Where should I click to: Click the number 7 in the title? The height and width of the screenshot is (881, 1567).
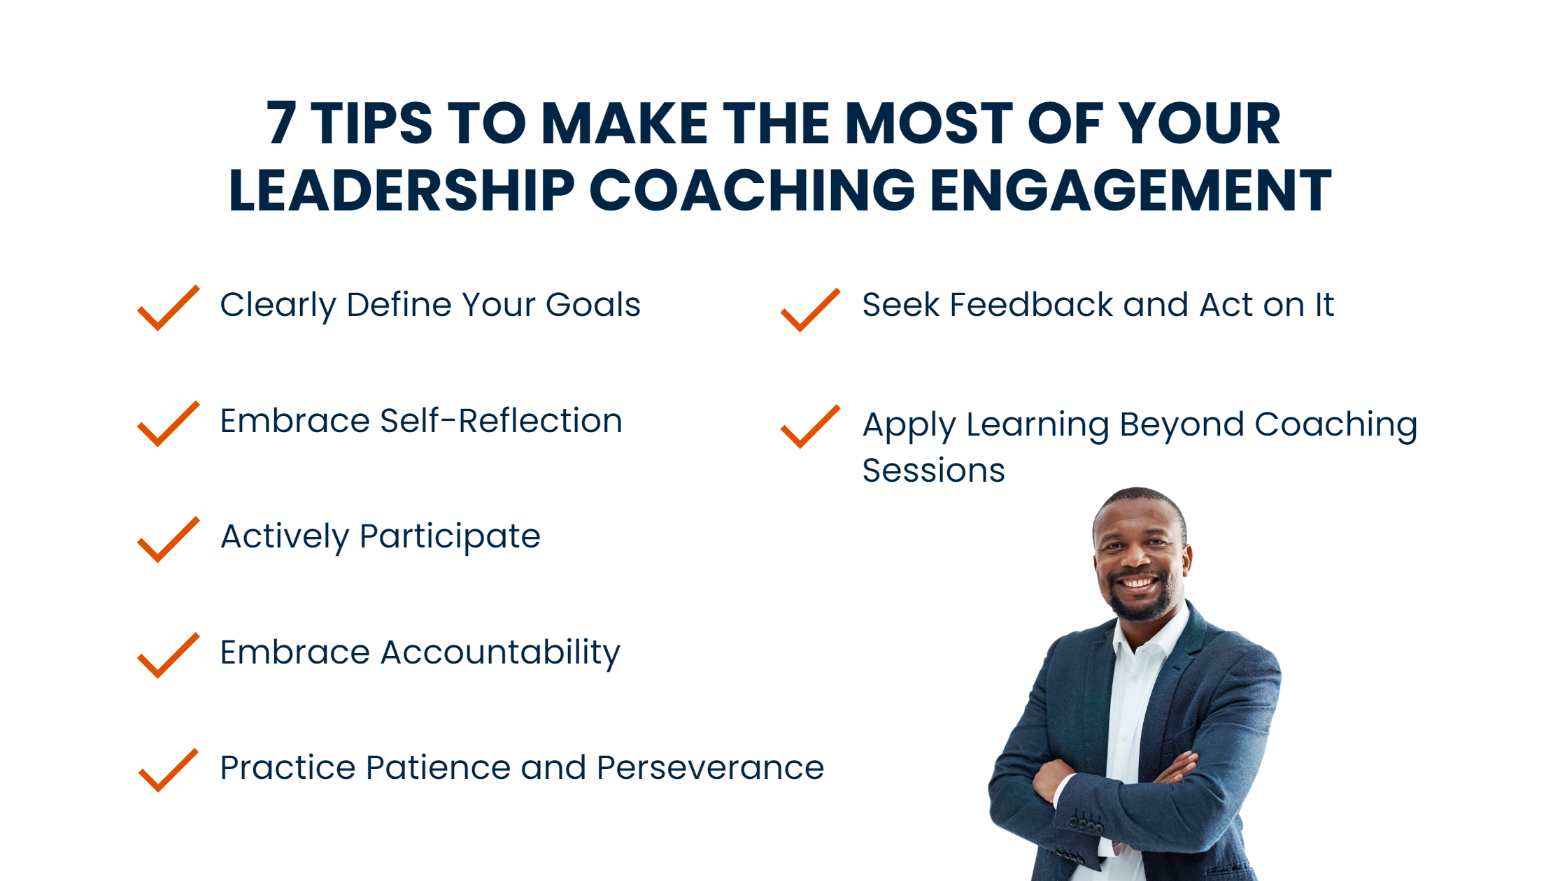coord(281,123)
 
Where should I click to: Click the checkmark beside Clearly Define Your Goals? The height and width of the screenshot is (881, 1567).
coord(169,308)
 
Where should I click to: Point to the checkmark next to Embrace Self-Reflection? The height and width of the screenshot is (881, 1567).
coord(169,424)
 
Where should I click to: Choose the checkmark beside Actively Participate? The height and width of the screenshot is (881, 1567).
coord(169,540)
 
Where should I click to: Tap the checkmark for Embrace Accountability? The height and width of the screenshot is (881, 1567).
coord(169,656)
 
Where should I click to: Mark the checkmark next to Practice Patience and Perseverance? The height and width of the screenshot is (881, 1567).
coord(169,771)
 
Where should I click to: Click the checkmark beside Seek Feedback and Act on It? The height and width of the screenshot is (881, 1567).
coord(810,310)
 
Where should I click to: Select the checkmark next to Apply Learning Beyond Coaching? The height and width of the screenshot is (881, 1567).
coord(810,427)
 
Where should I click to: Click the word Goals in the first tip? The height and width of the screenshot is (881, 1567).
coord(593,306)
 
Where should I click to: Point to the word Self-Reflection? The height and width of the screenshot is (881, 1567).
coord(501,421)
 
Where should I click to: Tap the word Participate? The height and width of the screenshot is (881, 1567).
coord(450,538)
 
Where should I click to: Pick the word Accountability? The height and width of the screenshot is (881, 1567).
coord(500,653)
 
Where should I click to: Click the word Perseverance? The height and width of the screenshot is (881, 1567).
coord(711,768)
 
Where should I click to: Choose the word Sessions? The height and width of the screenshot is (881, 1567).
coord(933,470)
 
